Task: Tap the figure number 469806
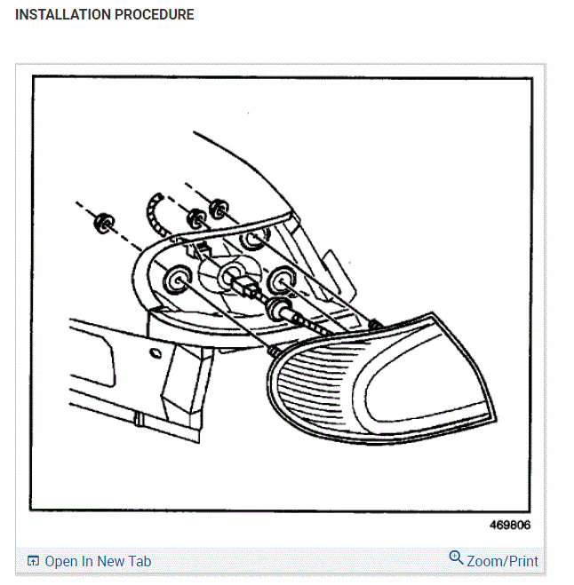pyautogui.click(x=509, y=525)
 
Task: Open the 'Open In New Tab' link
pyautogui.click(x=98, y=561)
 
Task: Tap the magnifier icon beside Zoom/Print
pyautogui.click(x=456, y=557)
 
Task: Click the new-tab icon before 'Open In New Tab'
pyautogui.click(x=34, y=561)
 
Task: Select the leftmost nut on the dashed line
pyautogui.click(x=103, y=222)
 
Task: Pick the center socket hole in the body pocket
pyautogui.click(x=234, y=272)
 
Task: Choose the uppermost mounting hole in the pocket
pyautogui.click(x=251, y=240)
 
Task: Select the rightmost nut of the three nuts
pyautogui.click(x=218, y=209)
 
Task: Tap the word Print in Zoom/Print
pyautogui.click(x=522, y=561)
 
